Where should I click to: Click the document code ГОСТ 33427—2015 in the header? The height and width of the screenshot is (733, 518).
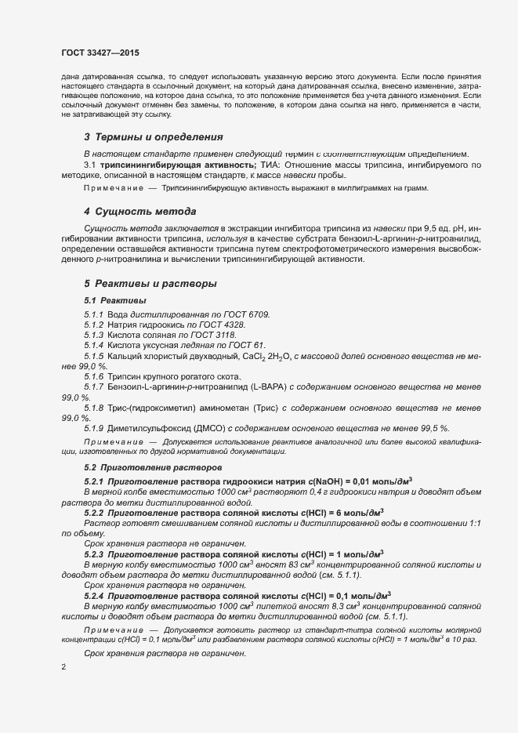pyautogui.click(x=100, y=53)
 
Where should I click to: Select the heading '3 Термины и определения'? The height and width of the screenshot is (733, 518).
pyautogui.click(x=147, y=136)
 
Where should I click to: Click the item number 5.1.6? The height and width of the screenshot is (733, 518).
pyautogui.click(x=94, y=377)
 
